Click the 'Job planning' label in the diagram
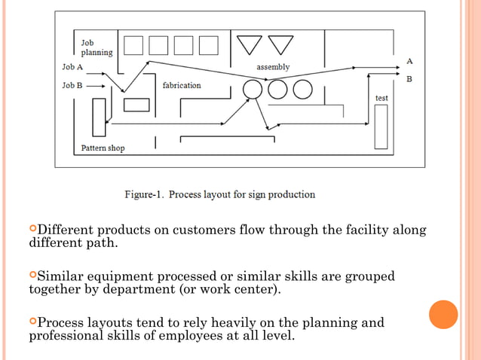pyautogui.click(x=97, y=48)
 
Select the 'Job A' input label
pyautogui.click(x=72, y=67)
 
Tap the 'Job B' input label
pyautogui.click(x=72, y=86)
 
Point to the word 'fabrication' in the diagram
pyautogui.click(x=182, y=85)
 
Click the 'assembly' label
pyautogui.click(x=273, y=67)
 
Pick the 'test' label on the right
pyautogui.click(x=381, y=99)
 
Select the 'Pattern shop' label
pyautogui.click(x=103, y=148)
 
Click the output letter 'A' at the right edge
pyautogui.click(x=409, y=60)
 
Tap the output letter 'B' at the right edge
pyautogui.click(x=409, y=78)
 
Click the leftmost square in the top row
pyautogui.click(x=133, y=45)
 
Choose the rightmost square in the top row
pyautogui.click(x=208, y=45)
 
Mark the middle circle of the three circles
pyautogui.click(x=277, y=90)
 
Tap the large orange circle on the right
pyautogui.click(x=443, y=314)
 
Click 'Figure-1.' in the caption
pyautogui.click(x=144, y=194)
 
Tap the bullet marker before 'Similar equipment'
pyautogui.click(x=32, y=276)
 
